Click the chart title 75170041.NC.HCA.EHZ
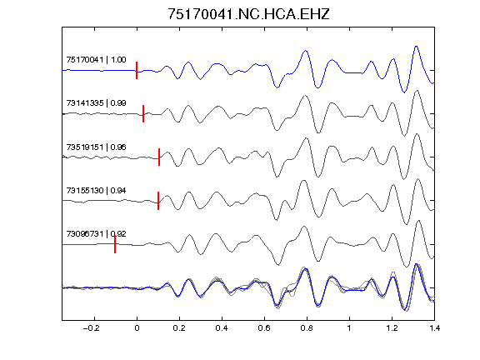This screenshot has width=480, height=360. [248, 14]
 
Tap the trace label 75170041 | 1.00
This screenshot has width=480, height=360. [96, 60]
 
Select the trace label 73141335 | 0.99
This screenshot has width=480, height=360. [96, 103]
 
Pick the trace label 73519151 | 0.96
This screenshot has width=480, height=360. [96, 147]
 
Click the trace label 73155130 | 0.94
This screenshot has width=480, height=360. [96, 191]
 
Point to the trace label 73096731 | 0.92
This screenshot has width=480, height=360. [96, 234]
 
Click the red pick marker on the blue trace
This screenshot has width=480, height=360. [137, 70]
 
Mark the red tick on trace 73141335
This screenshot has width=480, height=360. [143, 113]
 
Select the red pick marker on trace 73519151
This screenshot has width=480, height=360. [159, 157]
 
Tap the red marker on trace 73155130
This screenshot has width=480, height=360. [158, 201]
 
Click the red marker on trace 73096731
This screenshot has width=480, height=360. [115, 244]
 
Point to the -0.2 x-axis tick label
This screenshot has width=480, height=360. [91, 328]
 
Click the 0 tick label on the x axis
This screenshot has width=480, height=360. [137, 328]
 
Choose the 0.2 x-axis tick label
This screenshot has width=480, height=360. [179, 328]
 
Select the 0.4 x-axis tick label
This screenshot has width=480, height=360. [222, 328]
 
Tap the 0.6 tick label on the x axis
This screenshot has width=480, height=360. [264, 328]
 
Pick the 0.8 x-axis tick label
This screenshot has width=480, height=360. [307, 328]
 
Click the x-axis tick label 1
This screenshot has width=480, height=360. [349, 328]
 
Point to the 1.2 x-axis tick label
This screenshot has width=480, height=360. [392, 328]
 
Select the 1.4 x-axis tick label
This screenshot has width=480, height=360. [435, 328]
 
